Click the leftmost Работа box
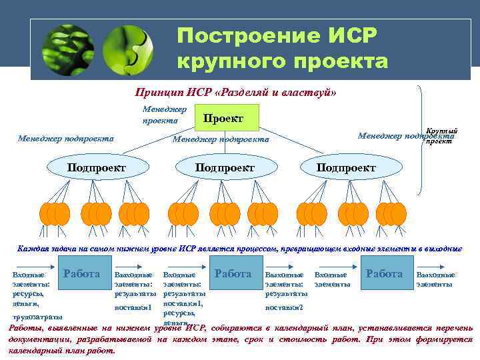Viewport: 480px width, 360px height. [81, 274]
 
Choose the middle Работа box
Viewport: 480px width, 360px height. [233, 274]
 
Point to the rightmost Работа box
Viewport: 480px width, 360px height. [385, 274]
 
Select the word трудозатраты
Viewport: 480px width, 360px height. [38, 316]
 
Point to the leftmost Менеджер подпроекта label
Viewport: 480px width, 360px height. [65, 139]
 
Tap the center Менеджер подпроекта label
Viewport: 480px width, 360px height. [221, 139]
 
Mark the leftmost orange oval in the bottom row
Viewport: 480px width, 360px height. [47, 213]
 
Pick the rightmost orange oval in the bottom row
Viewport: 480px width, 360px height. [399, 213]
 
